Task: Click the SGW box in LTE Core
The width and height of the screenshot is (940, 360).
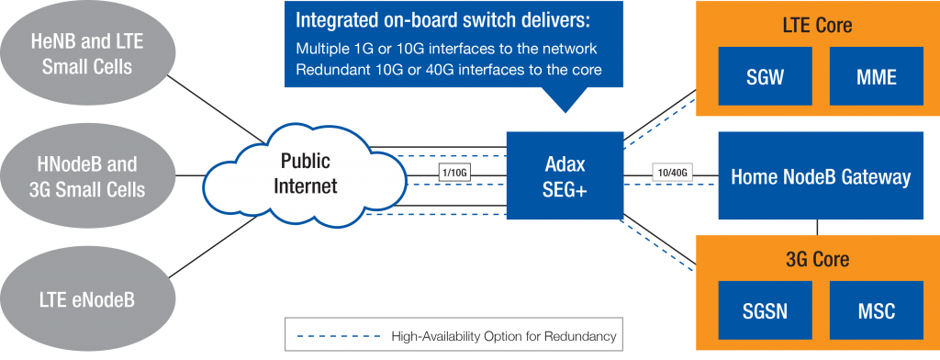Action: (x=765, y=77)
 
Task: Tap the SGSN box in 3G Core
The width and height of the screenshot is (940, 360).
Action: (x=765, y=311)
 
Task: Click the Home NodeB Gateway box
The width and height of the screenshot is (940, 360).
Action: (x=820, y=176)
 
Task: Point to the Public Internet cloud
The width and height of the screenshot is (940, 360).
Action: (x=308, y=174)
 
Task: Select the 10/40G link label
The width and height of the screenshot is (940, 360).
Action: (x=672, y=173)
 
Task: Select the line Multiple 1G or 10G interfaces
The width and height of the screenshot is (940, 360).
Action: (x=446, y=48)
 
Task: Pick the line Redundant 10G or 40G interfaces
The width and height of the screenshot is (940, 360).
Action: (x=447, y=70)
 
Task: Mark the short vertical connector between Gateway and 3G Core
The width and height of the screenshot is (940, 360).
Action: (x=815, y=227)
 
